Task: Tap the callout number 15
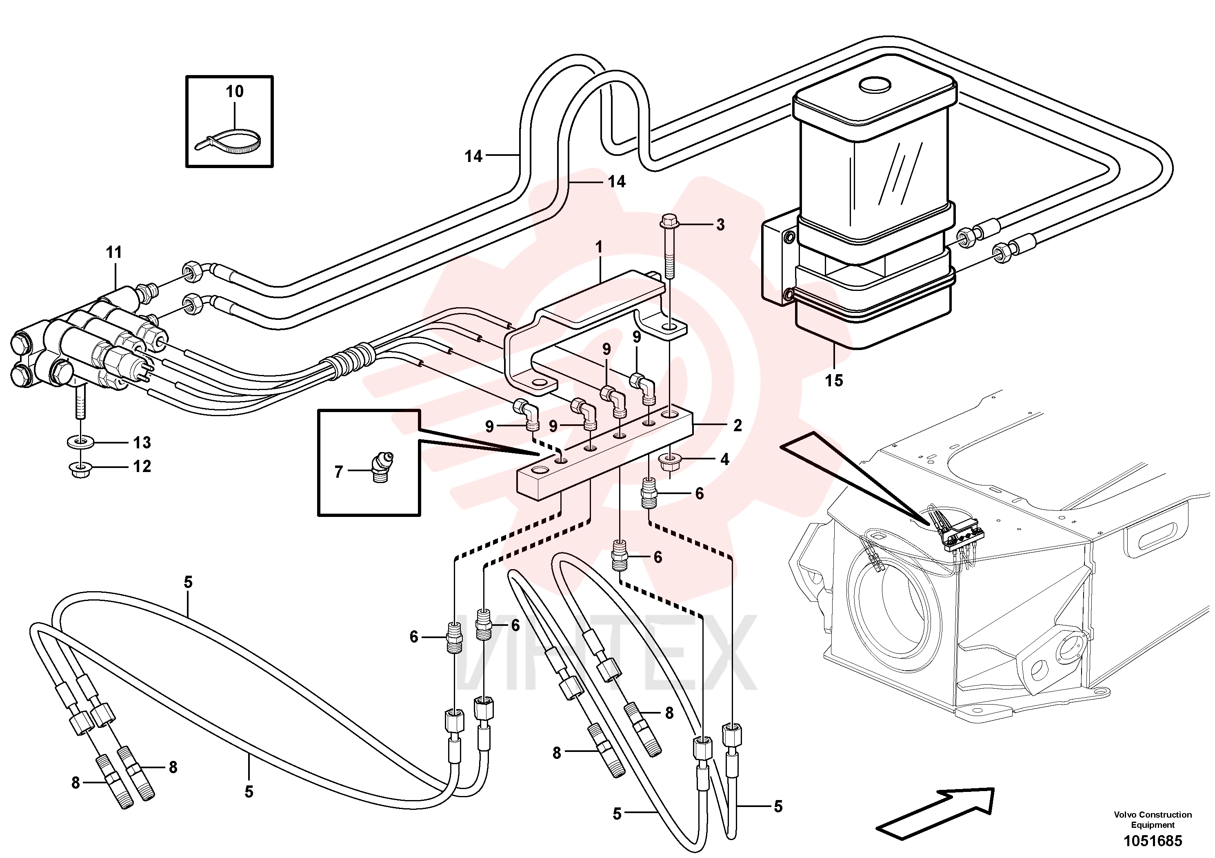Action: pos(834,380)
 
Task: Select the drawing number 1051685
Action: pos(1152,840)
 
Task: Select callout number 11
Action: pos(114,252)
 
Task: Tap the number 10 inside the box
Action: pos(234,91)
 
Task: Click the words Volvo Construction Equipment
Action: pos(1153,819)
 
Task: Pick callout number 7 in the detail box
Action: pos(339,471)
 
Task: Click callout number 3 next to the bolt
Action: pos(720,225)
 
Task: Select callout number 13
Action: pos(142,442)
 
